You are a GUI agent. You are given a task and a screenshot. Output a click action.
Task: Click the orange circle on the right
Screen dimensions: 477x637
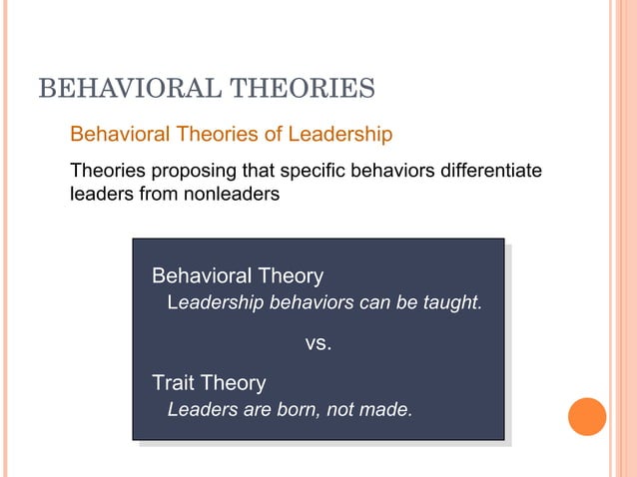click(x=587, y=416)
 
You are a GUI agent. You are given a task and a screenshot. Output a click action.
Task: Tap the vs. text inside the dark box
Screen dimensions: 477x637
click(x=318, y=344)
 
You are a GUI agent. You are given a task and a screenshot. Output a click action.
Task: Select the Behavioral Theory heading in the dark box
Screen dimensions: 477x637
click(x=237, y=275)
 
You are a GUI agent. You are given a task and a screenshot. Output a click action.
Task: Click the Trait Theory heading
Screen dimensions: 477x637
click(x=208, y=382)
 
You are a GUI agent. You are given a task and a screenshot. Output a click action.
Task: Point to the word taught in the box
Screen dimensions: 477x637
click(x=453, y=302)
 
